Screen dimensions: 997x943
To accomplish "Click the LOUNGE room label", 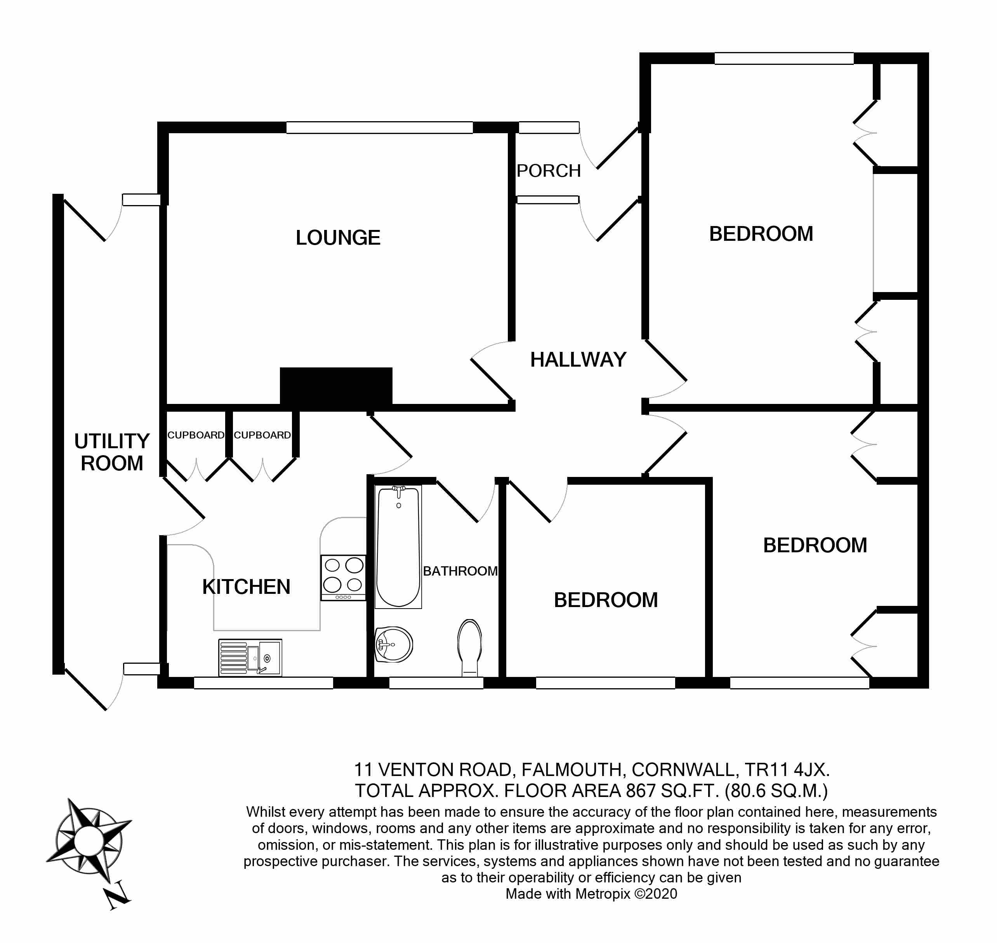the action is point(338,238).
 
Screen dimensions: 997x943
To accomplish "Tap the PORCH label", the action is point(548,171).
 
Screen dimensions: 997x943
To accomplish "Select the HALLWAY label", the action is point(578,360).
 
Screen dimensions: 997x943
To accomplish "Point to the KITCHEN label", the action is point(246,587).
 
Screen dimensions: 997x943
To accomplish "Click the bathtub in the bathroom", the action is point(398,546).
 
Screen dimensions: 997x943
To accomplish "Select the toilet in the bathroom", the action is point(469,646).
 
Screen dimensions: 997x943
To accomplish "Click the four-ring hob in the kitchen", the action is point(343,577).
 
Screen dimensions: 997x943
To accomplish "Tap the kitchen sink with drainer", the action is point(250,658).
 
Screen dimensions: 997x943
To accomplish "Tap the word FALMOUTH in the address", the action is point(572,769).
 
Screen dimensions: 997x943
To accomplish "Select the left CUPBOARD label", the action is point(196,435).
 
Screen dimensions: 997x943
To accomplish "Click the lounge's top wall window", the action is point(379,128).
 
